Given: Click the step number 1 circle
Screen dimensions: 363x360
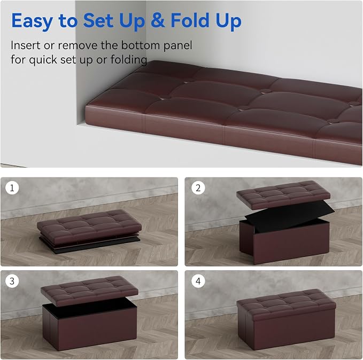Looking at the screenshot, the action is pyautogui.click(x=12, y=187).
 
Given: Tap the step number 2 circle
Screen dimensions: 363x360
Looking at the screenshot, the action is pyautogui.click(x=198, y=187).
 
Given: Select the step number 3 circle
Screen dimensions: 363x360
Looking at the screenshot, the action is pyautogui.click(x=12, y=281).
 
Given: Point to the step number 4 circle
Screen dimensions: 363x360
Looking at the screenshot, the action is pyautogui.click(x=198, y=281).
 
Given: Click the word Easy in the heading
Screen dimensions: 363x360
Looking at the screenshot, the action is pyautogui.click(x=32, y=21).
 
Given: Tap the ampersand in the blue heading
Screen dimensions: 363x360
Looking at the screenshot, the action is pyautogui.click(x=158, y=20).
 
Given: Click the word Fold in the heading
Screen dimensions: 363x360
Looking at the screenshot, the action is pyautogui.click(x=190, y=20).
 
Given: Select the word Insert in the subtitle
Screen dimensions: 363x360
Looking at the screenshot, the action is pyautogui.click(x=26, y=45).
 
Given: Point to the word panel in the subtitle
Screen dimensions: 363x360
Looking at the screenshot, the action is pyautogui.click(x=177, y=46).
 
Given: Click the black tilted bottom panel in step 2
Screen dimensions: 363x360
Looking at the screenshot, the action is pyautogui.click(x=290, y=215).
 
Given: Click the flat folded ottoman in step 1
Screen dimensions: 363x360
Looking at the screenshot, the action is pyautogui.click(x=89, y=230).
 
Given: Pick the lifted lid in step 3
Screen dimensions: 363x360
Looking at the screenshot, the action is pyautogui.click(x=89, y=290).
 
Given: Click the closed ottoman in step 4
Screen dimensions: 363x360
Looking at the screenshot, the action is pyautogui.click(x=287, y=319).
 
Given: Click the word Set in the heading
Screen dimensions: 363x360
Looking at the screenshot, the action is pyautogui.click(x=99, y=20).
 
